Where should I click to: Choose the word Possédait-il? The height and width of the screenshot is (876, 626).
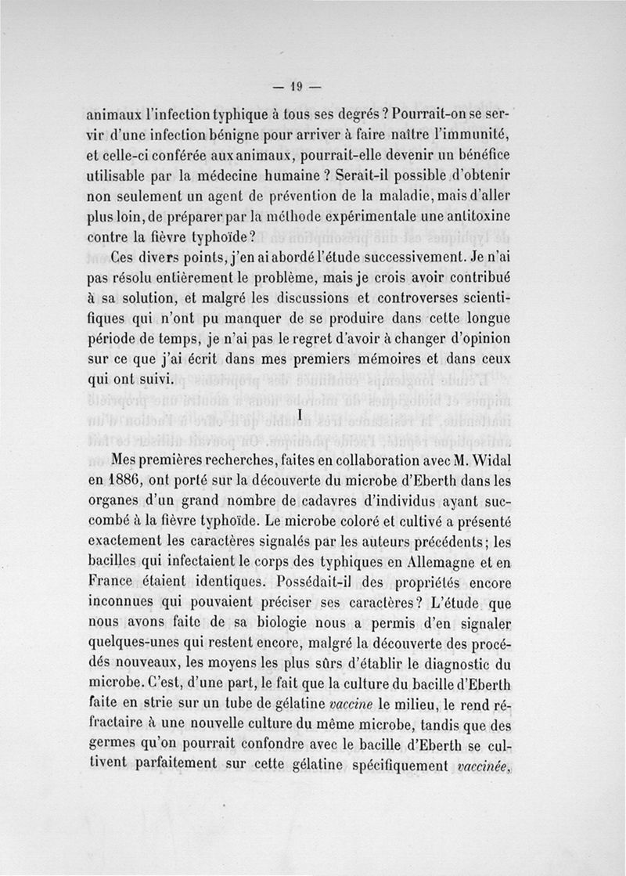coord(318,582)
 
